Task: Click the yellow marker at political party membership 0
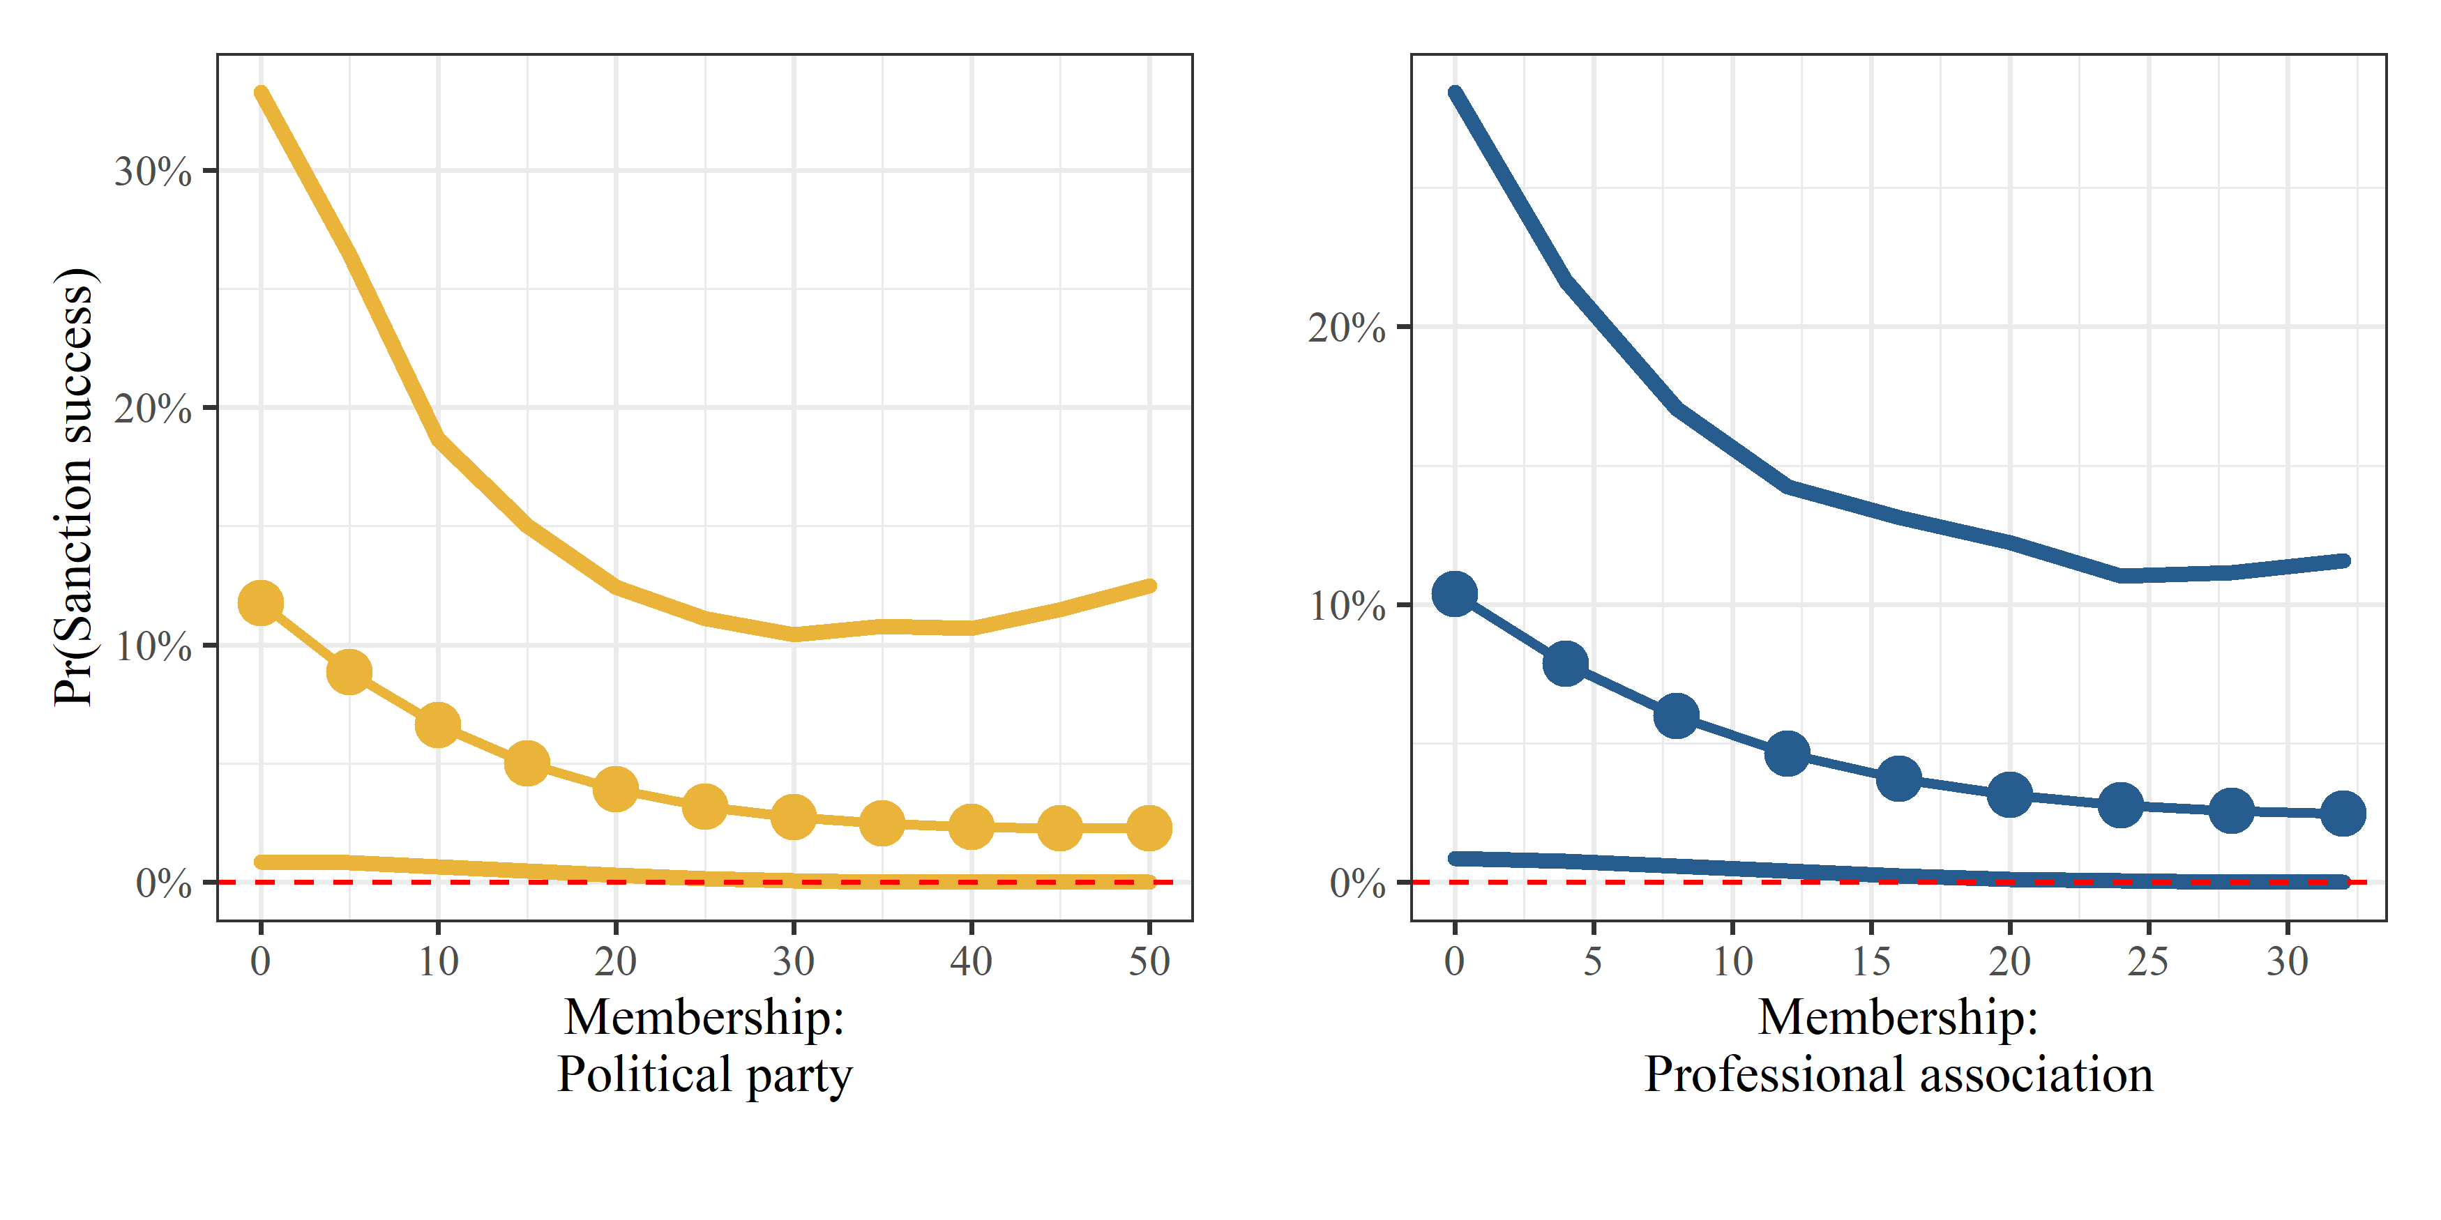coord(261,602)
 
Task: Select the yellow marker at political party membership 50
coord(1149,828)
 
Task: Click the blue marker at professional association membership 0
coord(1455,594)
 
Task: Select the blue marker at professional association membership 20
coord(2010,795)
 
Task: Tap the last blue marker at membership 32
coord(2343,813)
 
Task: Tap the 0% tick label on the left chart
coord(163,883)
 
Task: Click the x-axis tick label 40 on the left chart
coord(972,961)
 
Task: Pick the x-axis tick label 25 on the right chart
coord(2148,961)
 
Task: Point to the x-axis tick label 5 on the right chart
coord(1593,961)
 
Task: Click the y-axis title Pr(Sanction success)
coord(75,487)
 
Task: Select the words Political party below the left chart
coord(704,1075)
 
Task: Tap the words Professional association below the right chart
coord(1898,1075)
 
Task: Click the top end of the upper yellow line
coord(261,93)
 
